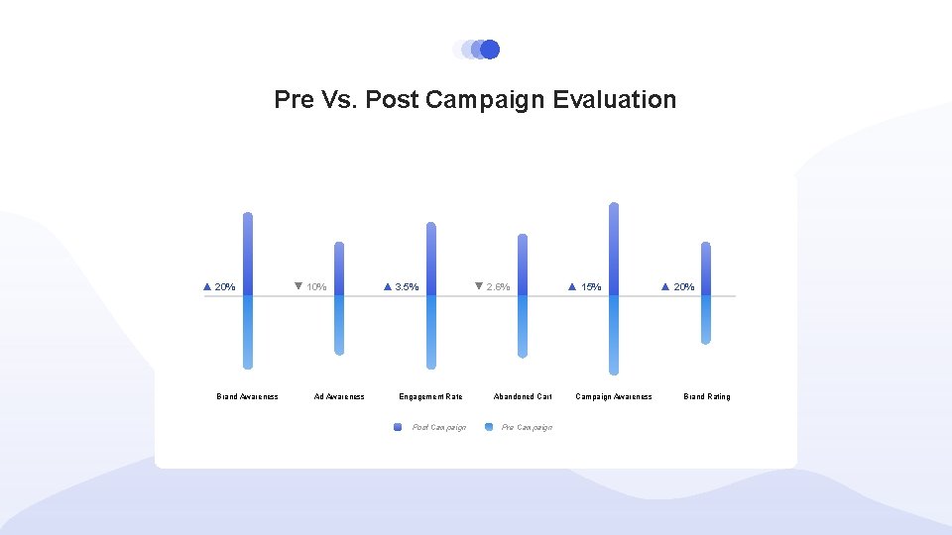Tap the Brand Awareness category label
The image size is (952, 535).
tap(247, 397)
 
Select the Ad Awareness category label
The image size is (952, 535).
tap(339, 397)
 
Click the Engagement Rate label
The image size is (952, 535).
tap(430, 397)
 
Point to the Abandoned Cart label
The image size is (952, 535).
tap(523, 397)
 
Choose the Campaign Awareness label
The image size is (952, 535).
tap(614, 397)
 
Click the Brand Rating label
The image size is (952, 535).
tap(706, 397)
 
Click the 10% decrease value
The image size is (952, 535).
tap(316, 287)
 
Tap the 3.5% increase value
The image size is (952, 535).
tap(407, 287)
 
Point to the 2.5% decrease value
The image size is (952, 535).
tap(498, 287)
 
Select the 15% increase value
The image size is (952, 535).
tap(591, 287)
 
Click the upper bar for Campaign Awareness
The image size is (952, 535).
tap(614, 248)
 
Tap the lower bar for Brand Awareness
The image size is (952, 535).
tap(248, 332)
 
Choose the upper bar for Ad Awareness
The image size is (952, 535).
tap(339, 268)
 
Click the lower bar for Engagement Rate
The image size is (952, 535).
tap(430, 332)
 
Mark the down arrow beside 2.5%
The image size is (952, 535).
tap(478, 286)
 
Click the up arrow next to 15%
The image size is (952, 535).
tap(572, 287)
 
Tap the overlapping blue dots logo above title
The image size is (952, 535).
tap(476, 50)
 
